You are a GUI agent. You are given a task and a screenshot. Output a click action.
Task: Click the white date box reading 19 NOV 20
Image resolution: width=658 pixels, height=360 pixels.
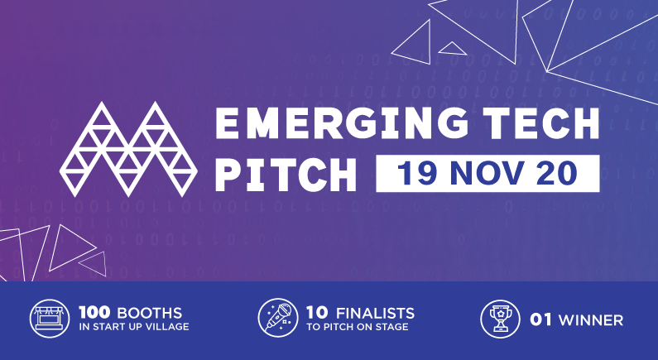pyautogui.click(x=487, y=173)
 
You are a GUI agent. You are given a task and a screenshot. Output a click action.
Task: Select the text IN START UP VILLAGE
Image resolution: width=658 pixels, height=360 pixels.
pyautogui.click(x=134, y=327)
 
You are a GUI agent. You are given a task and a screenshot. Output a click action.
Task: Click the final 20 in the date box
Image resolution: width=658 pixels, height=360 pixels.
pyautogui.click(x=564, y=173)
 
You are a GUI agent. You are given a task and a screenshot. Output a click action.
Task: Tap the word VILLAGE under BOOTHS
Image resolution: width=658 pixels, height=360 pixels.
pyautogui.click(x=171, y=327)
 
